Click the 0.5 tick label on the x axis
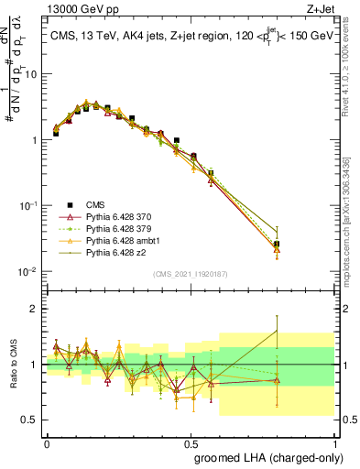pos(190,442)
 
